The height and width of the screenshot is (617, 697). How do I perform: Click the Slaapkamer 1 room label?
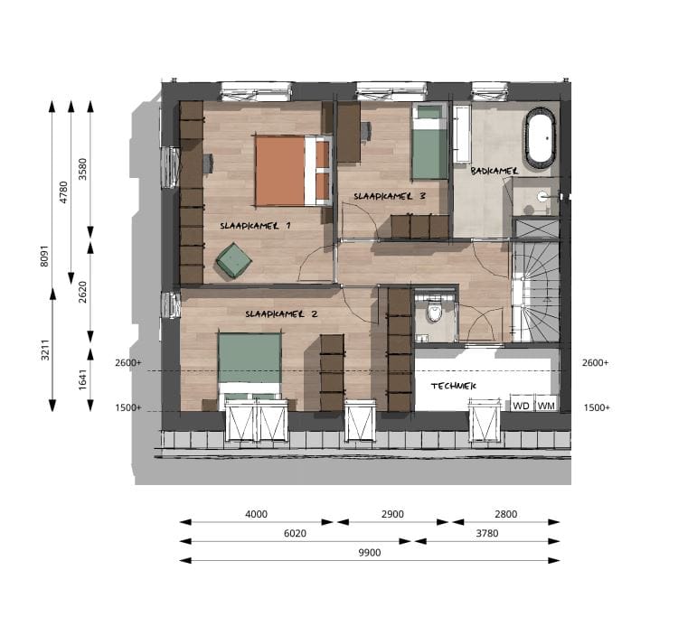[255, 226]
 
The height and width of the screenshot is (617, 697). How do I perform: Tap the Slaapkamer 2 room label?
[281, 314]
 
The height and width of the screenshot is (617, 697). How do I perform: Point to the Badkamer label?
[494, 169]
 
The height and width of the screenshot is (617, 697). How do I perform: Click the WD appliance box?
[521, 405]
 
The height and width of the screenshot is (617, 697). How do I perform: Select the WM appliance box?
[546, 405]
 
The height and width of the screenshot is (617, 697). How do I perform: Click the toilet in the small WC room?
[434, 313]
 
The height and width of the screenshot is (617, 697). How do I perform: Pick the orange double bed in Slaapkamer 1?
[291, 171]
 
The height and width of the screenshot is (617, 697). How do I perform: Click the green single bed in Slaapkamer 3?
[429, 143]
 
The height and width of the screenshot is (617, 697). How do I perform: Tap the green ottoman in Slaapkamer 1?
[234, 261]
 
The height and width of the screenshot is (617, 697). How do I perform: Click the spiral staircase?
[534, 292]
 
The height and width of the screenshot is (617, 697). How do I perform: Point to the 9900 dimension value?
[370, 552]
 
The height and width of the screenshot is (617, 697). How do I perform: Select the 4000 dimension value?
[257, 514]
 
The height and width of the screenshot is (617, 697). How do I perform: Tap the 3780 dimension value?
[487, 533]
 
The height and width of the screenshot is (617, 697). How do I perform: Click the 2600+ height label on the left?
[128, 363]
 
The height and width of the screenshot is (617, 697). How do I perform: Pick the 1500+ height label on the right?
[597, 407]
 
